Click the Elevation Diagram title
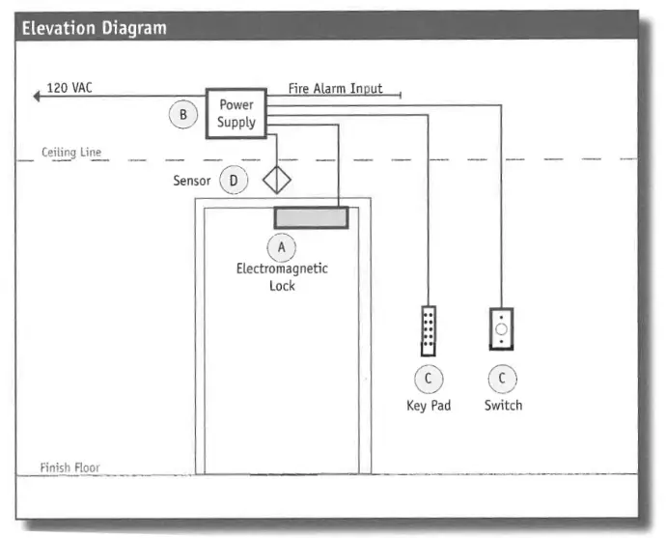pyautogui.click(x=94, y=27)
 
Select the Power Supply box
pyautogui.click(x=236, y=114)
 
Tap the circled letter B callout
pyautogui.click(x=181, y=116)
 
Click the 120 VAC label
pyautogui.click(x=69, y=89)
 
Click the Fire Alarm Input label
pyautogui.click(x=335, y=88)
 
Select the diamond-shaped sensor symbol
pyautogui.click(x=277, y=180)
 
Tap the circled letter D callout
pyautogui.click(x=233, y=180)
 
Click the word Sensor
pyautogui.click(x=191, y=181)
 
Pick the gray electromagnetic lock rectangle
pyautogui.click(x=311, y=217)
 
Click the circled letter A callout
pyautogui.click(x=282, y=248)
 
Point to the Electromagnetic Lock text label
pyautogui.click(x=282, y=277)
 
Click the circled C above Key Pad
pyautogui.click(x=428, y=379)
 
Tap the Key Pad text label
pyautogui.click(x=428, y=406)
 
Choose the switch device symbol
pyautogui.click(x=502, y=328)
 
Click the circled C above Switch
pyautogui.click(x=502, y=379)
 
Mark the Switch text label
pyautogui.click(x=503, y=406)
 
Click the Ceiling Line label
pyautogui.click(x=70, y=153)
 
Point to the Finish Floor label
pyautogui.click(x=69, y=467)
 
